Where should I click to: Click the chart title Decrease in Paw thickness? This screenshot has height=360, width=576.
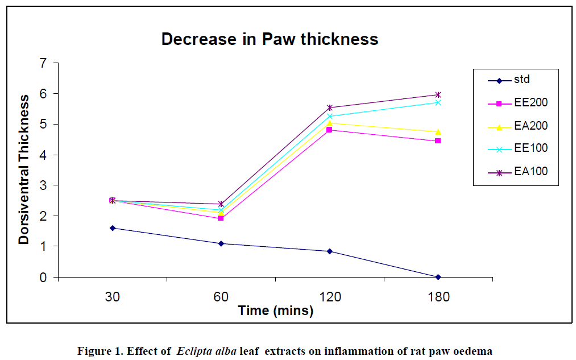point(270,39)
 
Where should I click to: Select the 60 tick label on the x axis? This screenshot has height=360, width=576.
point(221,297)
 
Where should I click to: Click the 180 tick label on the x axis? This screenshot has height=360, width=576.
point(438,297)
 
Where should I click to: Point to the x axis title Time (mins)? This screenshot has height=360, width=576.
point(276,311)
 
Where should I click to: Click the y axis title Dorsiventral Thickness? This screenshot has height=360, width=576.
point(24,169)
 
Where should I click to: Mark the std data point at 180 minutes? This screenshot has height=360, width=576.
point(438,277)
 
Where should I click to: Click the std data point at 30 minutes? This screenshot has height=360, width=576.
point(113,228)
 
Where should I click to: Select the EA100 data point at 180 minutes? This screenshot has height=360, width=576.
point(438,94)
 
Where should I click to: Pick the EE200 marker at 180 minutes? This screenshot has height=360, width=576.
point(438,140)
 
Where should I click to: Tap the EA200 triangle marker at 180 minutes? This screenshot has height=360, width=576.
point(438,132)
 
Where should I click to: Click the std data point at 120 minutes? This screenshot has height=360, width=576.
point(330,251)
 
